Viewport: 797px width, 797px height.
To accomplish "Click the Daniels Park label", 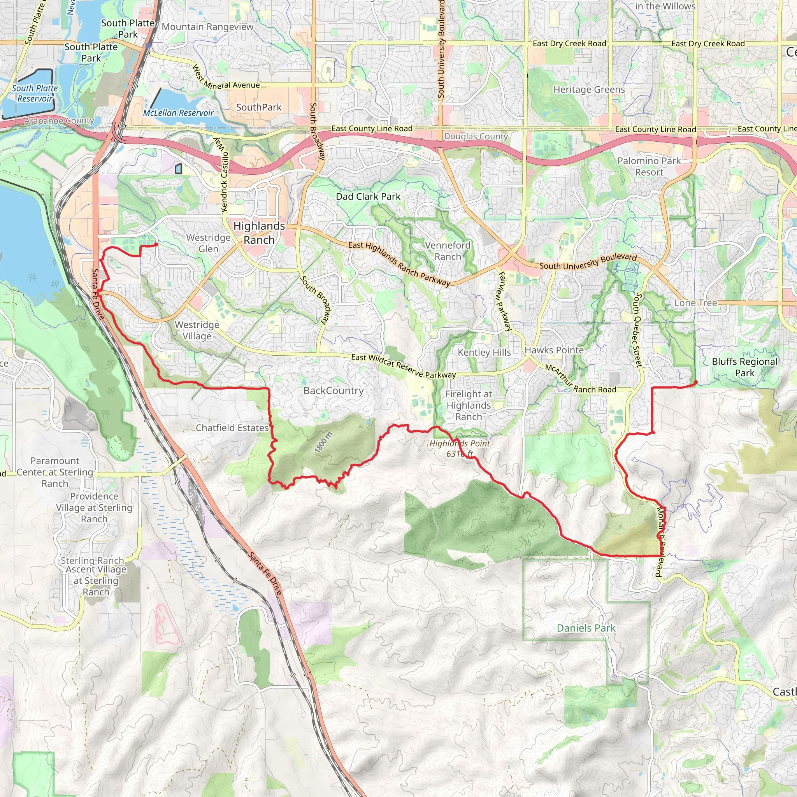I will tap(586, 628).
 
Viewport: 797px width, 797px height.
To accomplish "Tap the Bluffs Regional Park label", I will tap(744, 367).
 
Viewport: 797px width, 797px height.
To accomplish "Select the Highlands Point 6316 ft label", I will tap(460, 448).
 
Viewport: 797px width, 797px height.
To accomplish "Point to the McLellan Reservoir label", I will tap(178, 112).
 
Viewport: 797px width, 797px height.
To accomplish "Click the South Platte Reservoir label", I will tap(35, 93).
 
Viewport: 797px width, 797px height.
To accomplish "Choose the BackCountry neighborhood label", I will tap(334, 391).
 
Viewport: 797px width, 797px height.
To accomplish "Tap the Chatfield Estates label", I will tap(232, 428).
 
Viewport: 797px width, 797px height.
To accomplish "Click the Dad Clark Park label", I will tap(368, 197).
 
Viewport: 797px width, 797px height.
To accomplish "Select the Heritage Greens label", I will tap(589, 90).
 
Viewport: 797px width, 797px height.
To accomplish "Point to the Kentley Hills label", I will tap(484, 352).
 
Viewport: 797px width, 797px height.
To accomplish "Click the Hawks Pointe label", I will tap(554, 350).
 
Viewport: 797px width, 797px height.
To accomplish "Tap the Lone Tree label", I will tap(695, 303).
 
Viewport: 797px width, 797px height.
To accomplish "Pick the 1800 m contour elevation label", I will tap(323, 442).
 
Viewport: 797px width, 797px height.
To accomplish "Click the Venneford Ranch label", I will tap(448, 251).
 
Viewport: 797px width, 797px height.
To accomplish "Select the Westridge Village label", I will tap(197, 330).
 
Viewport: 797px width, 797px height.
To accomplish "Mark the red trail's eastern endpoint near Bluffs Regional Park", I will tap(696, 383).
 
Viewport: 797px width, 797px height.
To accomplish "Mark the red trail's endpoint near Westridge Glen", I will tap(157, 244).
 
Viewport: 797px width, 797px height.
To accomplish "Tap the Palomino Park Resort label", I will tap(649, 166).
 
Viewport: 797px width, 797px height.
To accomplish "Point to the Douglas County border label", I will tap(476, 136).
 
